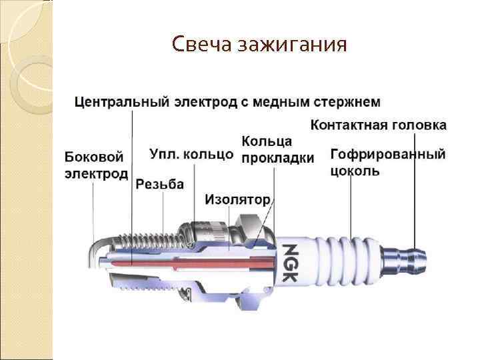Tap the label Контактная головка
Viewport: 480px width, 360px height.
click(x=379, y=125)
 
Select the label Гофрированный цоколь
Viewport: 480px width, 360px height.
click(x=387, y=162)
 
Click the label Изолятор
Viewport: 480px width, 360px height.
click(x=237, y=199)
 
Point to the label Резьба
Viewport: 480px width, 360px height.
click(x=159, y=184)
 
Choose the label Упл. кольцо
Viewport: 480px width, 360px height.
click(x=191, y=154)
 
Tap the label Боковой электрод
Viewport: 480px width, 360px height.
click(x=96, y=165)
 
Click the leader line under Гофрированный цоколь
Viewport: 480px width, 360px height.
click(x=351, y=207)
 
